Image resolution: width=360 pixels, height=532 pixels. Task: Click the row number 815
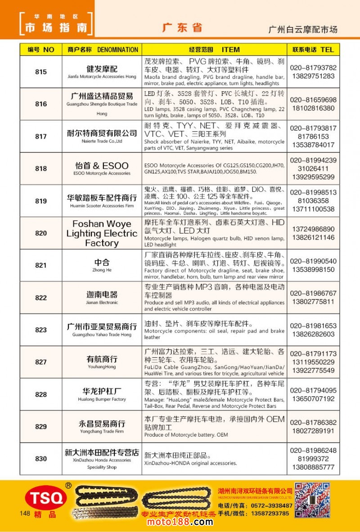pos(40,72)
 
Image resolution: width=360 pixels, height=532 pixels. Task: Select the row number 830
pos(40,459)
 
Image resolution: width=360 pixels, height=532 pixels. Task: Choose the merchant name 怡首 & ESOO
pos(102,165)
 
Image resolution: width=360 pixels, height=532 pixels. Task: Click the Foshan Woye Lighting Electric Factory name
pos(102,233)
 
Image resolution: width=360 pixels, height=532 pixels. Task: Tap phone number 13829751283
pos(313,76)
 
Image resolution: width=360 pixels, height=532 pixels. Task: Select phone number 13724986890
pos(313,229)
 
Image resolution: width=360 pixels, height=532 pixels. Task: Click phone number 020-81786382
pos(313,423)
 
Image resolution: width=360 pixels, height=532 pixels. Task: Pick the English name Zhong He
pos(102,271)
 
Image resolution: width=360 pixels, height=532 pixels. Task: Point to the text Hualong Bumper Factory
pos(102,399)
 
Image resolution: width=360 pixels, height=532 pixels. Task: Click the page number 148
pos(25,513)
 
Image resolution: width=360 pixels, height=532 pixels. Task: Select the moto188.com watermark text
pos(180,522)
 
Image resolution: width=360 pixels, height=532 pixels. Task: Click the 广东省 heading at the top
pos(182,27)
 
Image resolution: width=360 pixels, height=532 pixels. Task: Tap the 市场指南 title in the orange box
pos(56,27)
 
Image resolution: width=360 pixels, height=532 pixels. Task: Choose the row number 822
pos(40,298)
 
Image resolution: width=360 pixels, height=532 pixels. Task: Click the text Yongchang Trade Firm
pos(102,431)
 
